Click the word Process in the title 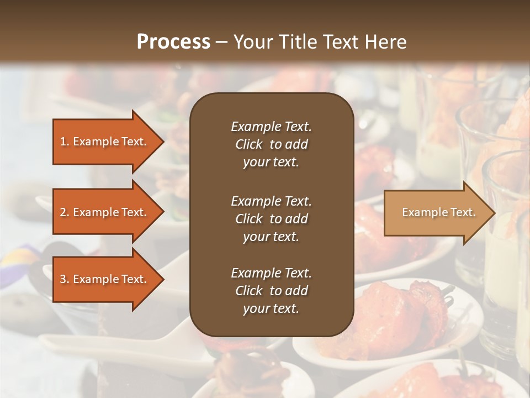[x=173, y=41]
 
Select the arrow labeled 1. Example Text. [x=104, y=142]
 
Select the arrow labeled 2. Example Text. [x=104, y=212]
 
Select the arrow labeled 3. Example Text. [x=104, y=279]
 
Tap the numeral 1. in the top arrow [x=65, y=142]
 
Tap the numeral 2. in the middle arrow [x=65, y=212]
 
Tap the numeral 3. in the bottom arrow [x=65, y=279]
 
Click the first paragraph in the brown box [x=271, y=144]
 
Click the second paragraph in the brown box [x=271, y=219]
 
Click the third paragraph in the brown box [x=271, y=291]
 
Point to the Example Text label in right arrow [x=438, y=212]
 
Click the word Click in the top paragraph [x=248, y=144]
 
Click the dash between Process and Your [x=221, y=42]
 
